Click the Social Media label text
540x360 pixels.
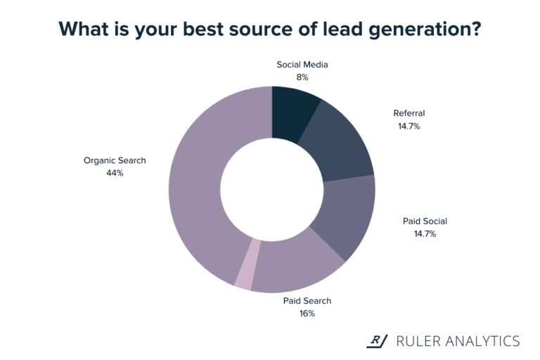pos(302,65)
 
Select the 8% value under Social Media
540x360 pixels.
pos(302,77)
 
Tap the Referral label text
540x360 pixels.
pos(409,112)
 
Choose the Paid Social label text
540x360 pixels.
pos(425,221)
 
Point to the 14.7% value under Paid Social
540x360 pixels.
pos(425,233)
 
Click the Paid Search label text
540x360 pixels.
pos(307,301)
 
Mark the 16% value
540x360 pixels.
pos(307,313)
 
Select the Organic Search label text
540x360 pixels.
pos(115,160)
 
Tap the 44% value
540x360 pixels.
pos(115,172)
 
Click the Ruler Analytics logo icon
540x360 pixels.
pos(378,341)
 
